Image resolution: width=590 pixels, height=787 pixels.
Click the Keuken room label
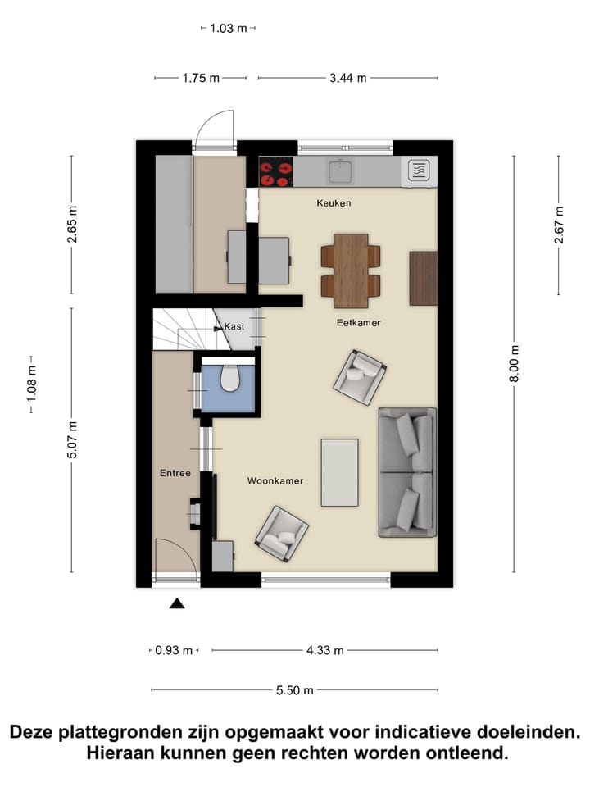pos(334,202)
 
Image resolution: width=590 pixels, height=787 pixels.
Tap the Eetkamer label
pos(358,323)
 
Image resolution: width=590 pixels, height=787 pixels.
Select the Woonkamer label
pos(275,480)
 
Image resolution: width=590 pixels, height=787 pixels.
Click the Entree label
pos(175,473)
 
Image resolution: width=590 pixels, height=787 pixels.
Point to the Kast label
pos(234,326)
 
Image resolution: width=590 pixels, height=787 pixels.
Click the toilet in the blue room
pos(229,380)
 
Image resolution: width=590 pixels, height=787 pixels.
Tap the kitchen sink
pos(340,171)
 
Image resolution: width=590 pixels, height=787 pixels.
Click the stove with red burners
pos(276,172)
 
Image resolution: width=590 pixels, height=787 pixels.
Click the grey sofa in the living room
pos(406,472)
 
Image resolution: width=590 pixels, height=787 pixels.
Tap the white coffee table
pos(339,472)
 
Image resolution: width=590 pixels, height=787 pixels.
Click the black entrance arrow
pos(177,604)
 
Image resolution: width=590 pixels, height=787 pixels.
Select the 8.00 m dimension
pos(515,362)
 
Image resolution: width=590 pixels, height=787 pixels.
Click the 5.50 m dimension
pos(294,690)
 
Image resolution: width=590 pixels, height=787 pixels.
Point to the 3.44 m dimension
pos(348,78)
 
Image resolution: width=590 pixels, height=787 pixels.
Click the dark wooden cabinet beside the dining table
pos(423,278)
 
